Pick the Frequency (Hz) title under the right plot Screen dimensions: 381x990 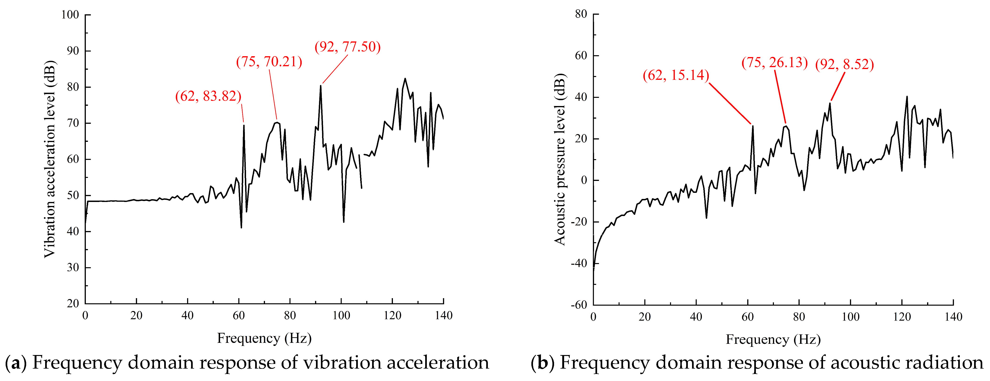pos(773,340)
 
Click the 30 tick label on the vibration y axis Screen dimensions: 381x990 pos(73,267)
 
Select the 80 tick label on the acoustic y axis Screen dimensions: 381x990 pos(581,14)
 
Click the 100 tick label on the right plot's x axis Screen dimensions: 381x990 pos(851,317)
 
